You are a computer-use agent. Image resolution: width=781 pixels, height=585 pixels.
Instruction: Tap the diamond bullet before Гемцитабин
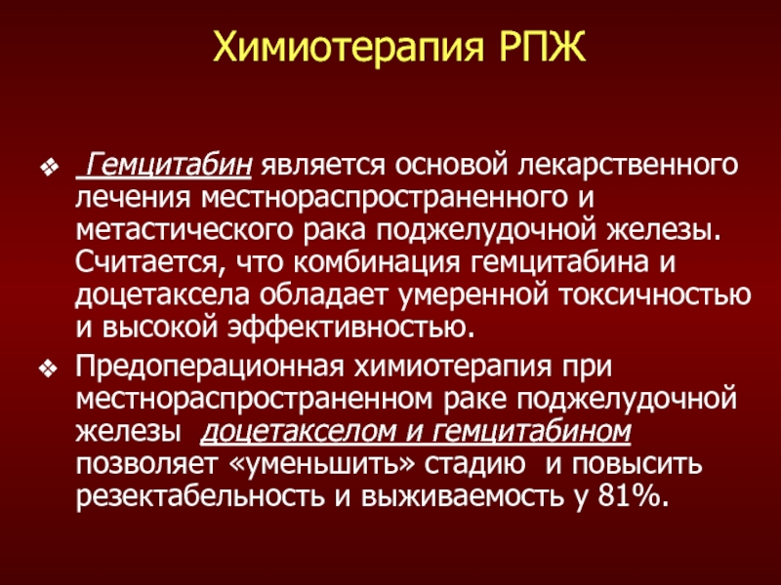point(50,167)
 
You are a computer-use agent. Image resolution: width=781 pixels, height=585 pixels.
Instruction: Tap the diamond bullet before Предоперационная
point(50,370)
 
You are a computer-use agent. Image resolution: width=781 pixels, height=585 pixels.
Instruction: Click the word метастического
point(184,230)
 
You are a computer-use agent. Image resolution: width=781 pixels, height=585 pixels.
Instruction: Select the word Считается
point(147,262)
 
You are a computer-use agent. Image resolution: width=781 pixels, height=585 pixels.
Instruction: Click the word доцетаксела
point(162,296)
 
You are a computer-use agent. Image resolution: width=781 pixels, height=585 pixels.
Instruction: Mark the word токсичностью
point(654,295)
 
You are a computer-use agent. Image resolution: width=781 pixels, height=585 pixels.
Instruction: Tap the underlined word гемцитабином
point(531,432)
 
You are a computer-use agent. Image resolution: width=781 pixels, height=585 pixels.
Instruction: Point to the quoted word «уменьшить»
point(322,465)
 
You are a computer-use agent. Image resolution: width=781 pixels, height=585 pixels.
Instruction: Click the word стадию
point(474,465)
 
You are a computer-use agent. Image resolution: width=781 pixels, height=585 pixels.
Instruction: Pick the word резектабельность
point(200,496)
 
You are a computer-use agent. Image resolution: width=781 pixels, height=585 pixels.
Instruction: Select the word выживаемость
point(463,497)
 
